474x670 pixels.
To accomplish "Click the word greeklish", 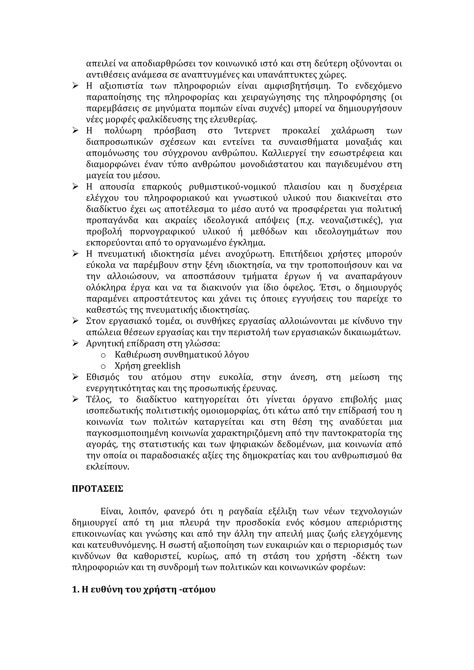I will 162,366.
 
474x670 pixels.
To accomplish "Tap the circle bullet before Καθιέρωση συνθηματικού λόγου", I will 103,355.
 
